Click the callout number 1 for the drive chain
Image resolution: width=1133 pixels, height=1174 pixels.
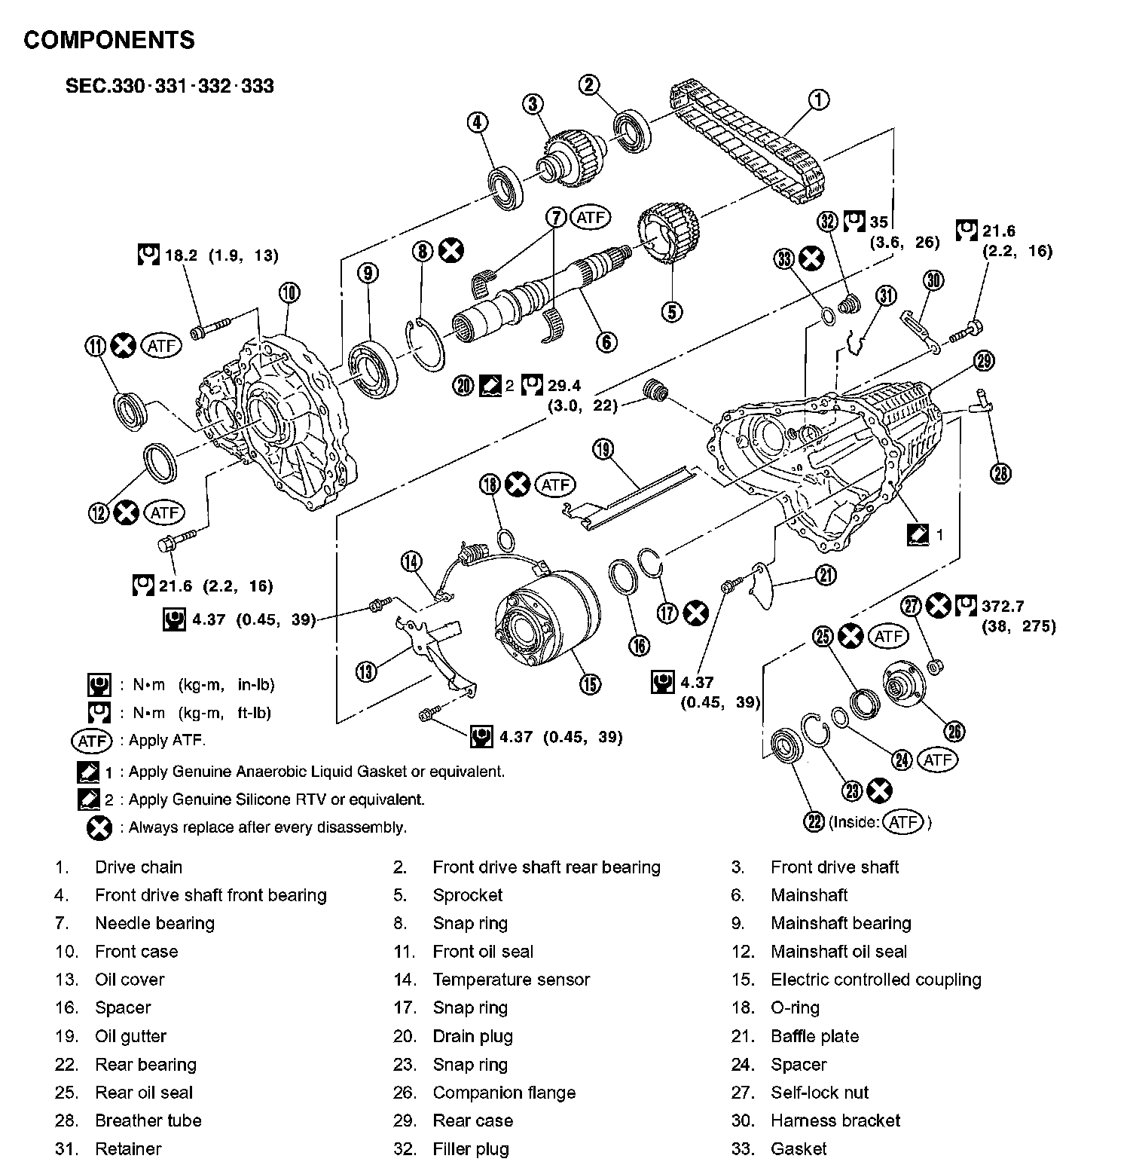point(819,99)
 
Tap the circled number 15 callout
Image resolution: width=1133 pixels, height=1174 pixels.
point(590,683)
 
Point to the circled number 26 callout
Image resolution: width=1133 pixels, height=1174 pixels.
point(954,730)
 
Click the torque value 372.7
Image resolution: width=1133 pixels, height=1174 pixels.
point(1003,606)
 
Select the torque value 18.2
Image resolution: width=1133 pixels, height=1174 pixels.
point(180,255)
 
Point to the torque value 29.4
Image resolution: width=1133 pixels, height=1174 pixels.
point(564,386)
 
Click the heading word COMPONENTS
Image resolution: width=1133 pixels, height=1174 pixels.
point(109,40)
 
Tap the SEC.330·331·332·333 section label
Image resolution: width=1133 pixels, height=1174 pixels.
point(169,86)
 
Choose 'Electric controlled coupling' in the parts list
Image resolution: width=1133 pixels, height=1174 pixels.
point(875,980)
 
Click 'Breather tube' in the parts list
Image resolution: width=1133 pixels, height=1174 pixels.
point(148,1120)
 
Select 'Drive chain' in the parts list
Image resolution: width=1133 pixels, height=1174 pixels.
point(139,867)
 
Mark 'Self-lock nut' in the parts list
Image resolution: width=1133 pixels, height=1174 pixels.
point(820,1092)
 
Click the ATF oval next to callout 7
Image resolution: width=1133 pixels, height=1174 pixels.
point(591,218)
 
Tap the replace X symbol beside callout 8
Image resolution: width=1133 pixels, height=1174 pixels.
point(451,251)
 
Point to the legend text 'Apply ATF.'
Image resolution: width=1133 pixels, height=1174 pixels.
point(166,740)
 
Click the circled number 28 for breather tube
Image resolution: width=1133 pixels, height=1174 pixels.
point(1001,472)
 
